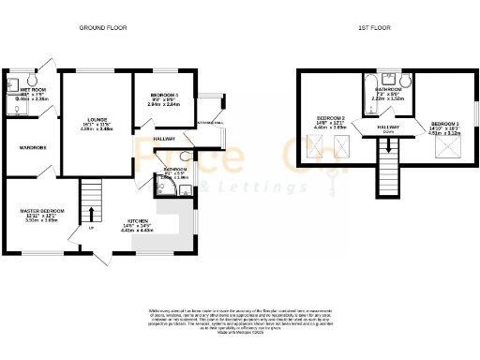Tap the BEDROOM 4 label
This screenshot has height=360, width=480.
[163, 96]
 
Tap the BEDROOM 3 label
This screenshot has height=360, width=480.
[444, 124]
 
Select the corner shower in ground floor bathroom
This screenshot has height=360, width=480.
[186, 191]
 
